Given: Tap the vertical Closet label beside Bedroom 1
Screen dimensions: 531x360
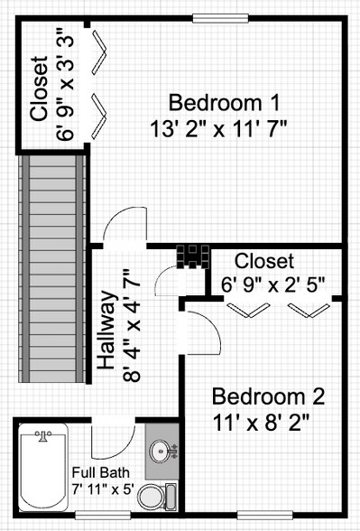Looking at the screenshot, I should point(38,89).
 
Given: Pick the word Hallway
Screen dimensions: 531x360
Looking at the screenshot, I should point(106,331).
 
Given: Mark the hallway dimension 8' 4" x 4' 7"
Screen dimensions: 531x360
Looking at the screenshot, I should point(133,331).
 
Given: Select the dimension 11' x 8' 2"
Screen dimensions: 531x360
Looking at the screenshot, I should point(268,422).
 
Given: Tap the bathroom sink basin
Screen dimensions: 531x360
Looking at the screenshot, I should point(160,449).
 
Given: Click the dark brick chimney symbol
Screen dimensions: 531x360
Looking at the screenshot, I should point(193,256).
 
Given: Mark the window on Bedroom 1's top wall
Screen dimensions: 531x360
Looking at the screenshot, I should point(220,17).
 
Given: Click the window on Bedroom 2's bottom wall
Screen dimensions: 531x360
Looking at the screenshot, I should point(264,516).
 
